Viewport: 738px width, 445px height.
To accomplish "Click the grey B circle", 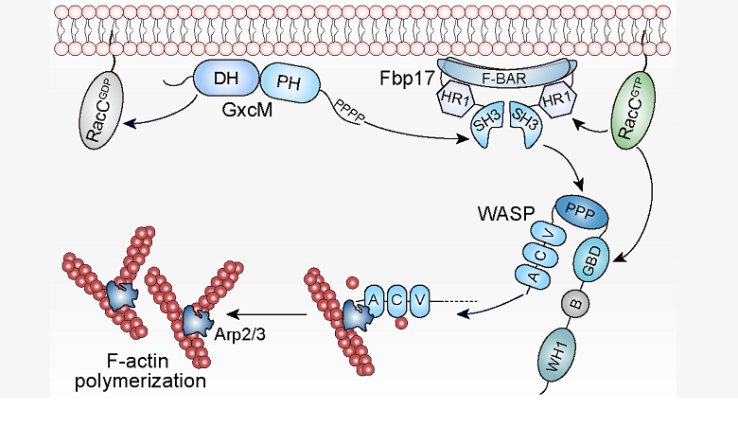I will [x=571, y=305].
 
